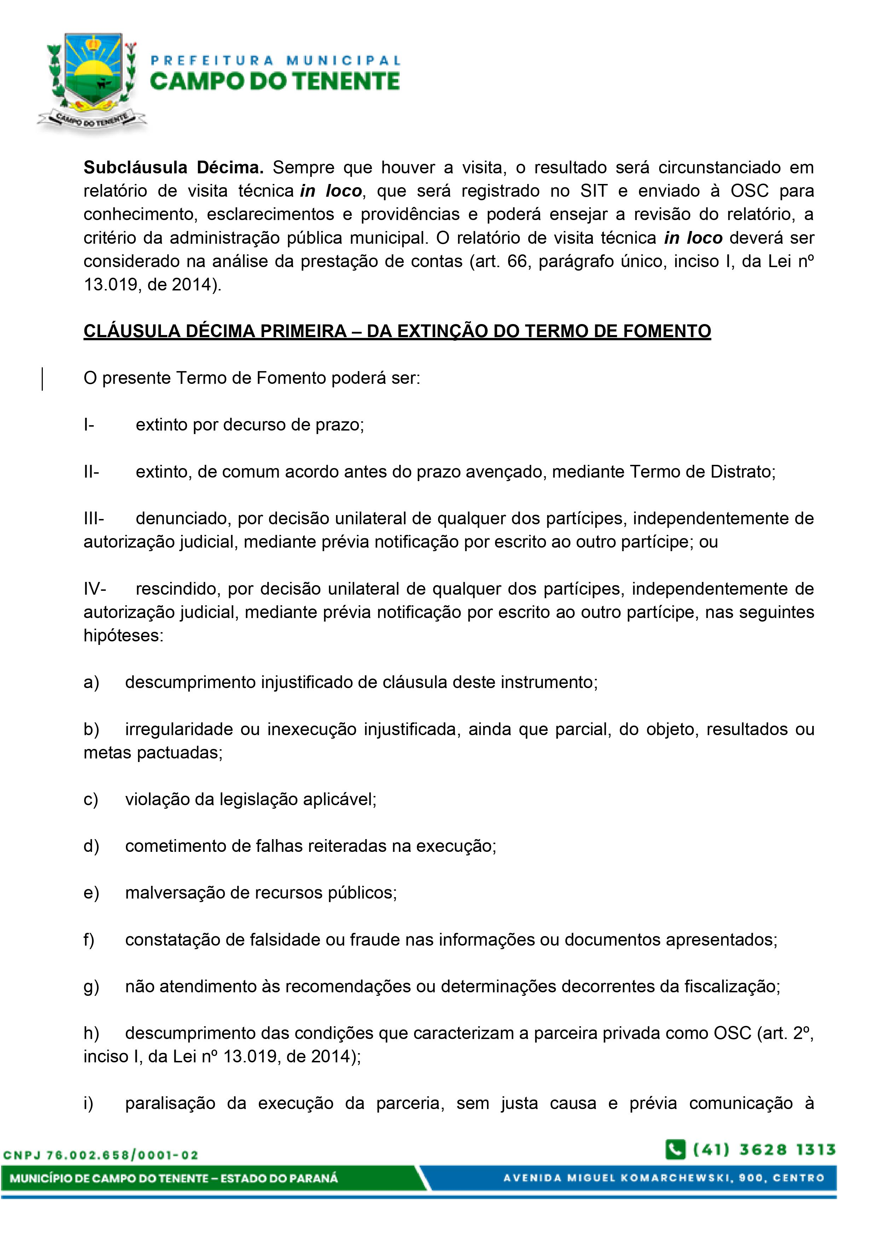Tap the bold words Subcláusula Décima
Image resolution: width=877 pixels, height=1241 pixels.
click(173, 168)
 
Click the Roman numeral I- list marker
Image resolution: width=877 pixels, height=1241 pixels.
click(89, 425)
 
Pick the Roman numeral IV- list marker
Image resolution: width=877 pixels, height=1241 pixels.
click(94, 589)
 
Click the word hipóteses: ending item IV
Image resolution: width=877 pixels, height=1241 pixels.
click(123, 636)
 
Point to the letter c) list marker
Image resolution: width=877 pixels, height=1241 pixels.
click(91, 800)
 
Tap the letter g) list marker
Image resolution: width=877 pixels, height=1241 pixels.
click(91, 986)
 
